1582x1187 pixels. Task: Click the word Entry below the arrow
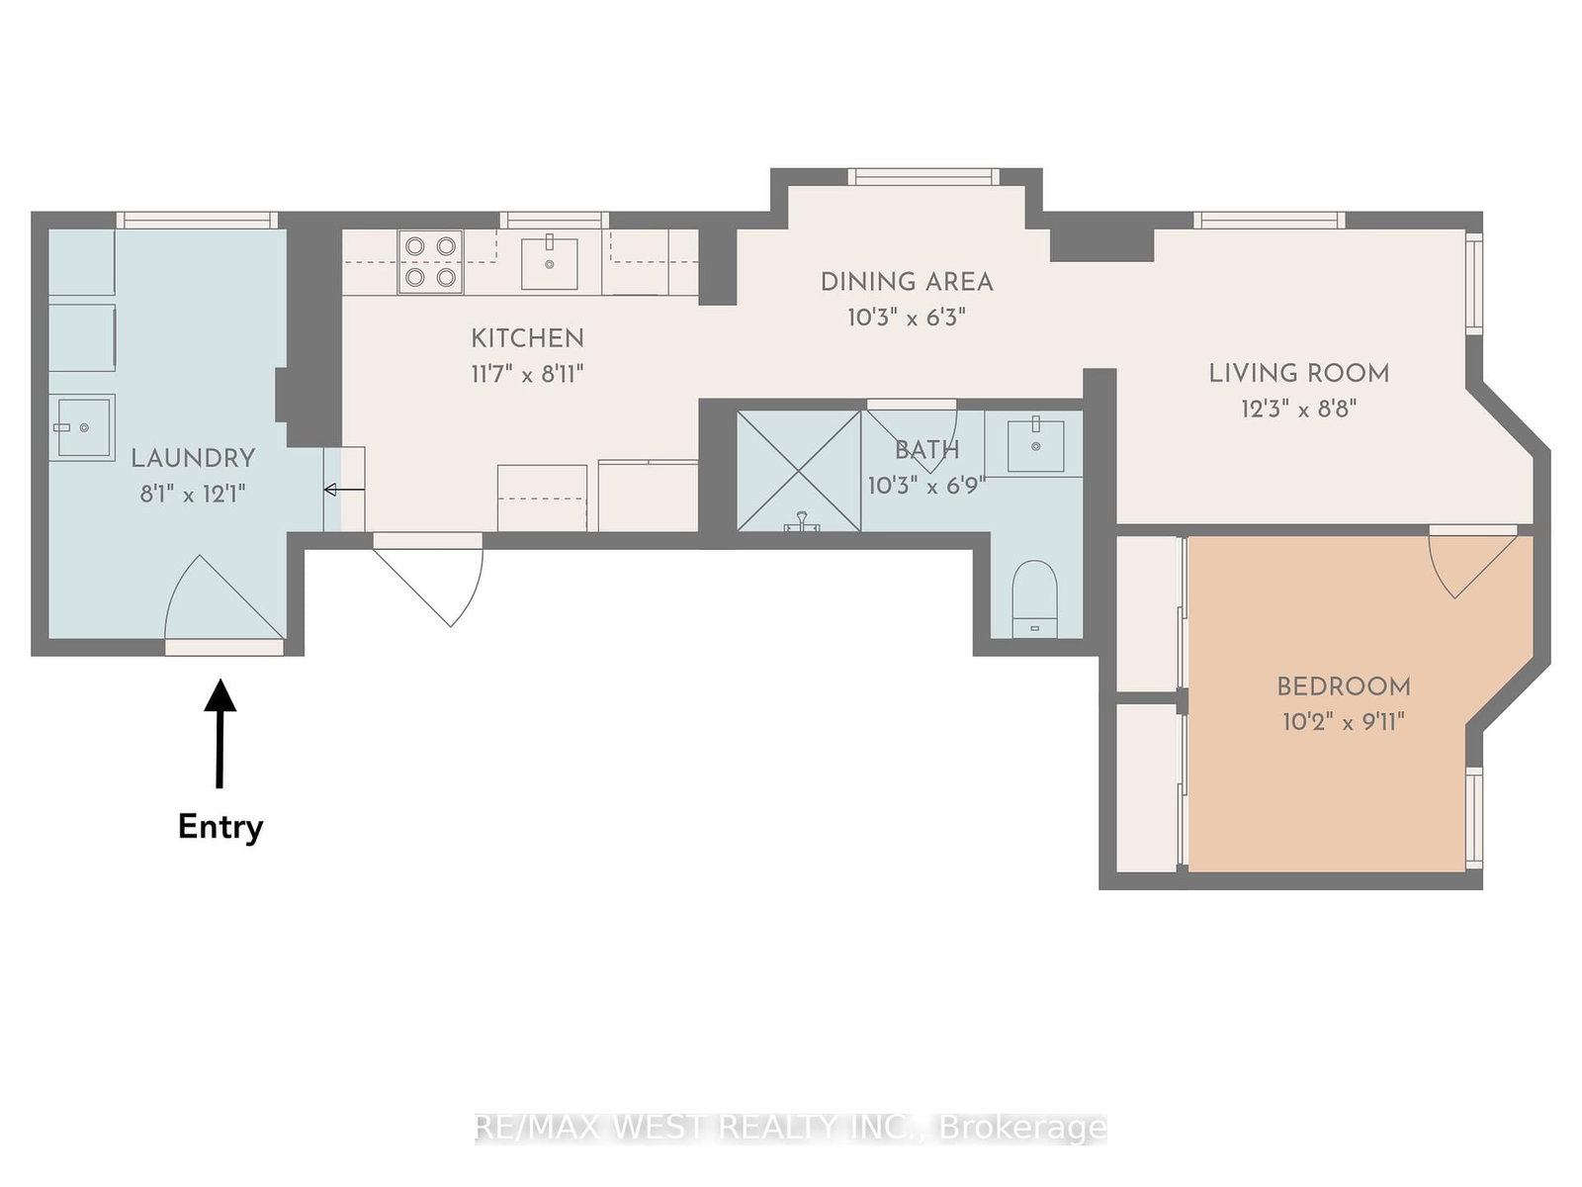[x=220, y=827]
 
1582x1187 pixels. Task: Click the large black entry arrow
[x=220, y=732]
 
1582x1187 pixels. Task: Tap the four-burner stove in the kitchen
[x=430, y=262]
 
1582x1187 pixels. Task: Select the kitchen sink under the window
[x=549, y=262]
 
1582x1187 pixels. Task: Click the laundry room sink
[x=83, y=427]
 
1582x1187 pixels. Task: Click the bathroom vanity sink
[x=1035, y=445]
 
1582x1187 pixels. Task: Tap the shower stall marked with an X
[x=799, y=470]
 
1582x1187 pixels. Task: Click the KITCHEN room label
[x=527, y=338]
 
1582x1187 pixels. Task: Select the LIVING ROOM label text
[x=1298, y=374]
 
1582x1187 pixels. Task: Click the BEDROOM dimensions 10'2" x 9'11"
[x=1343, y=722]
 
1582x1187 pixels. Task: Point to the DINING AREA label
[x=906, y=282]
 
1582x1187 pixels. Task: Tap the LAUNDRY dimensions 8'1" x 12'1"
[x=193, y=494]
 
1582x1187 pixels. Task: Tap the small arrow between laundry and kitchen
[x=343, y=490]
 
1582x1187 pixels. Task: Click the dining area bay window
[x=923, y=177]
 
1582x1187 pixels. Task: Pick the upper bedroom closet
[x=1147, y=613]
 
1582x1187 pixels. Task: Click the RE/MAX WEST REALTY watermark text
[x=791, y=1127]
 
